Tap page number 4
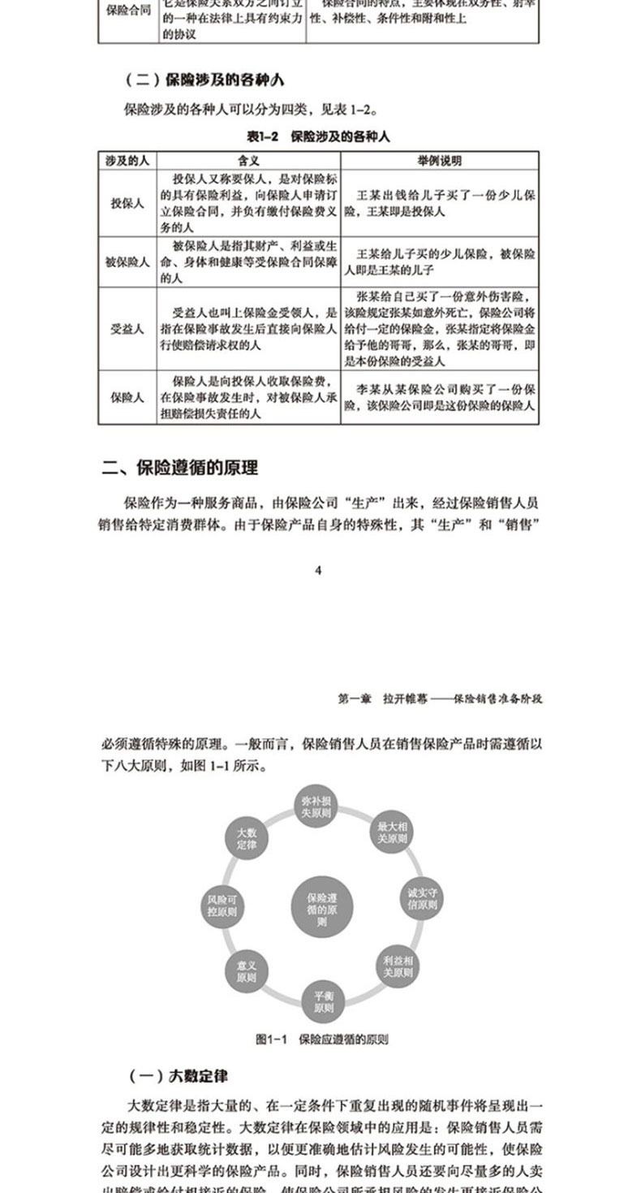click(x=319, y=570)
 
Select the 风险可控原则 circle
click(x=222, y=906)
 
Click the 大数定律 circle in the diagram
click(x=246, y=838)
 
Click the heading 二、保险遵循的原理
click(x=179, y=469)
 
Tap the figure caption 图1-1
click(x=322, y=1039)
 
